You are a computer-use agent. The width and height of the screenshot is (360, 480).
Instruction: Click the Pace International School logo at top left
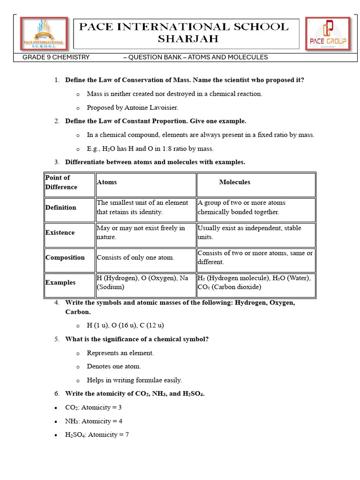click(43, 34)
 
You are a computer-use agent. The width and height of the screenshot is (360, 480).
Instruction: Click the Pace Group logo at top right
click(328, 34)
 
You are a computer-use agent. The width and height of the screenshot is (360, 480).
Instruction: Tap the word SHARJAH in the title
click(187, 39)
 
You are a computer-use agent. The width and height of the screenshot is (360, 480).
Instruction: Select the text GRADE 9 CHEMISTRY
click(56, 57)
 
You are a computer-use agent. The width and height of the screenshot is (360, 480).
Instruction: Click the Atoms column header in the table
click(107, 182)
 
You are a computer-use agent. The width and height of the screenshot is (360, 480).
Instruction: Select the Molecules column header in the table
click(234, 182)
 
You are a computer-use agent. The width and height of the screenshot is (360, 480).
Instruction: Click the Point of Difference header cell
click(61, 182)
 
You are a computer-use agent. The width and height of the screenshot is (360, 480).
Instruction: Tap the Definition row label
click(60, 207)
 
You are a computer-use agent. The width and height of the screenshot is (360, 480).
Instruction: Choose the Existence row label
click(60, 232)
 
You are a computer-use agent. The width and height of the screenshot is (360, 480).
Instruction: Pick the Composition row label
click(65, 257)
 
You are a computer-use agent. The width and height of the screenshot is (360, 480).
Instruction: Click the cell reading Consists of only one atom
click(135, 257)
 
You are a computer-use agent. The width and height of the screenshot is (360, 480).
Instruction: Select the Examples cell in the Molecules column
click(254, 283)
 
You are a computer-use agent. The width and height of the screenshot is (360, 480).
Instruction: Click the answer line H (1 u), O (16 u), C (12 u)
click(125, 325)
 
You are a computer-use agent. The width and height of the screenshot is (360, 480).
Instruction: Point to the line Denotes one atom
click(114, 366)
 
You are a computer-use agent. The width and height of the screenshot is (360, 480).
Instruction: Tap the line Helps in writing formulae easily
click(134, 380)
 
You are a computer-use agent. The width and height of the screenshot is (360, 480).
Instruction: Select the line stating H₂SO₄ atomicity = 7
click(97, 435)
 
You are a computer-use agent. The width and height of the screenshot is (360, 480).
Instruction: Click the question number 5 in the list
click(56, 339)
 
